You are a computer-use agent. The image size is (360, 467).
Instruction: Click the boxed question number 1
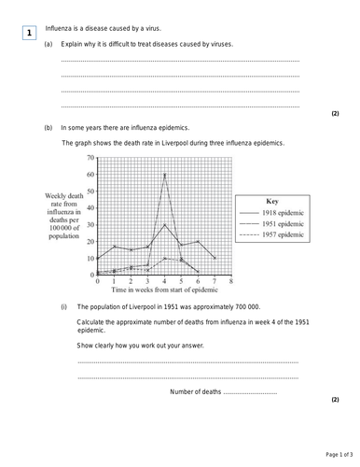[30, 34]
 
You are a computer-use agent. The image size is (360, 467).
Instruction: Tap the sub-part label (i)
[64, 305]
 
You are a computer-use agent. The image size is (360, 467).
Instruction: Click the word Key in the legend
[272, 201]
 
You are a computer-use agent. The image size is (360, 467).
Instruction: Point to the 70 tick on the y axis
[90, 158]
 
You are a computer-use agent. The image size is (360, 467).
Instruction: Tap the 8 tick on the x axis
[230, 280]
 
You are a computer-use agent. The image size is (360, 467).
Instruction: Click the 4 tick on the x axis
[164, 280]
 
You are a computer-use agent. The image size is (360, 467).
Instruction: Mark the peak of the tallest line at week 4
[164, 174]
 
